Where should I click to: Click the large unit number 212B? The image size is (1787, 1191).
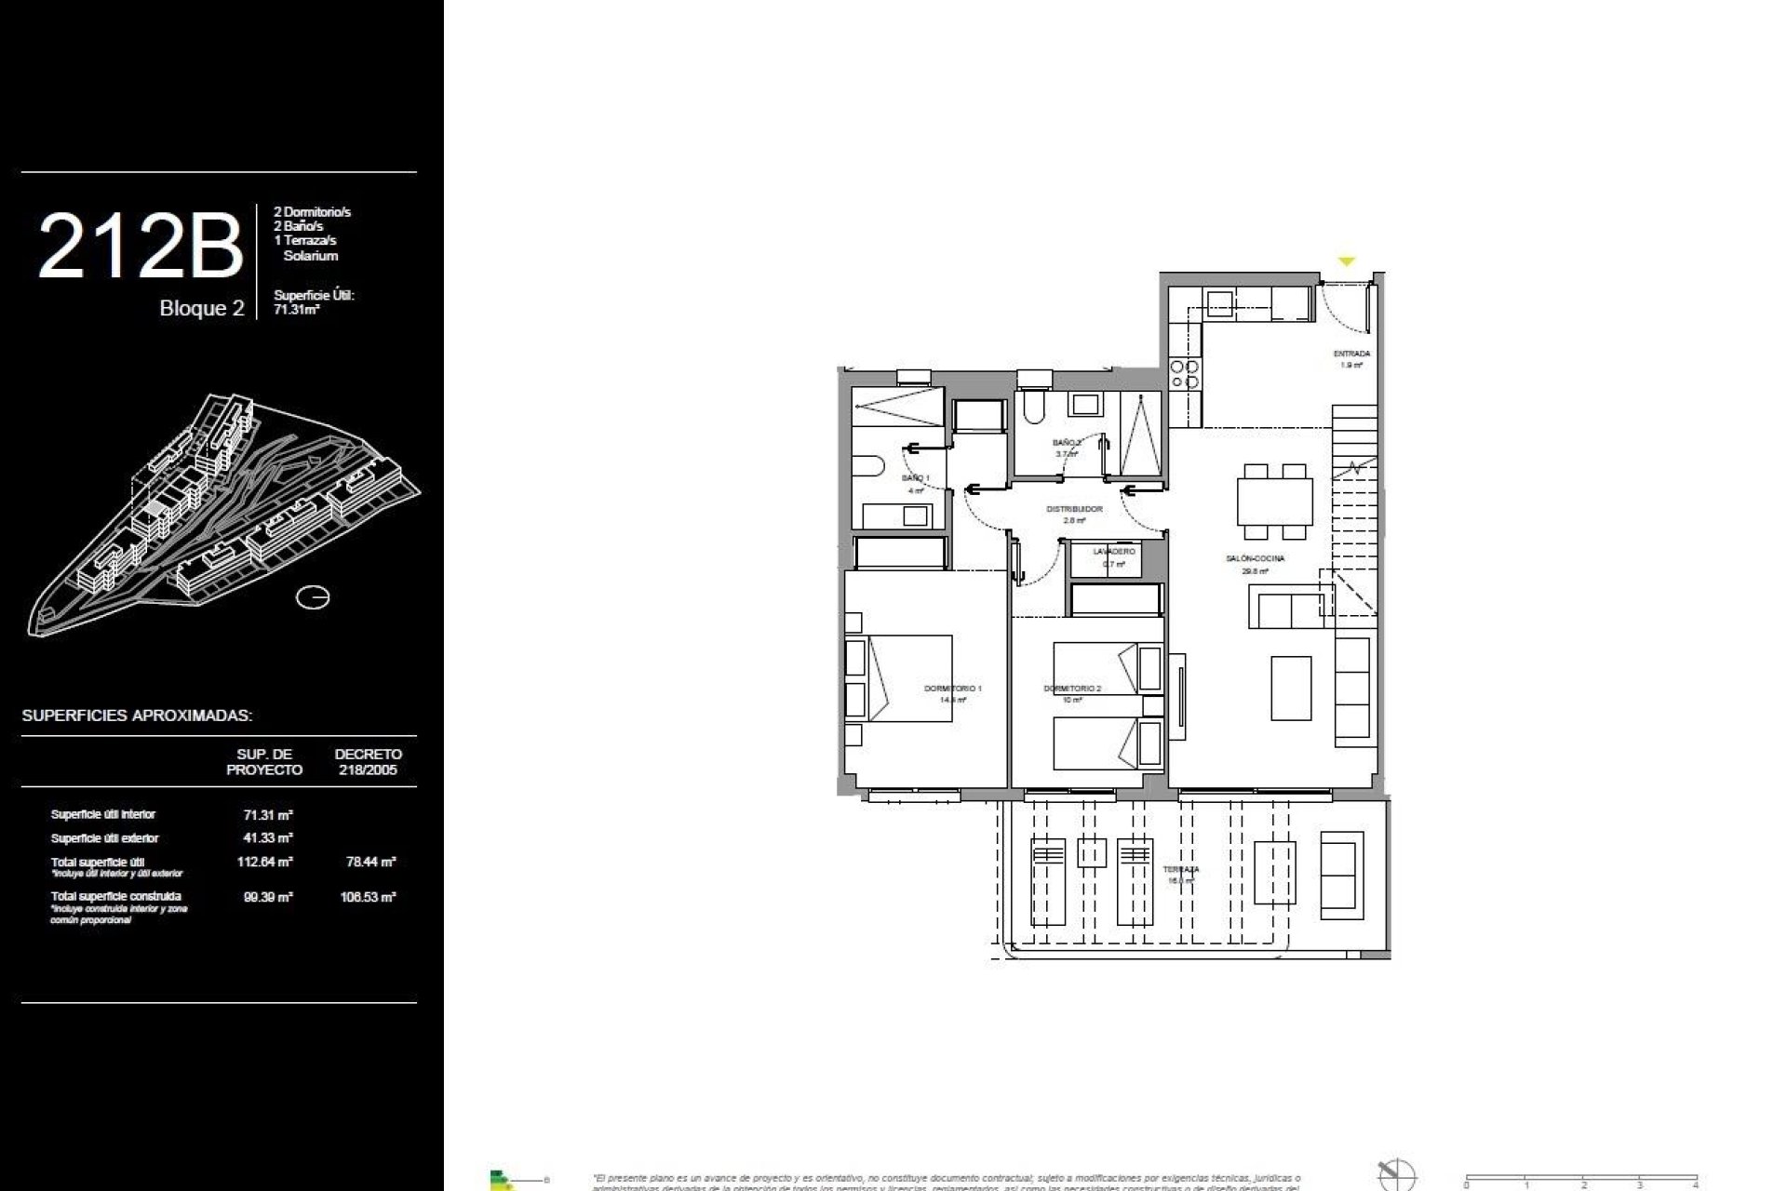[141, 247]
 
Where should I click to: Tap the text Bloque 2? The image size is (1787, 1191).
[202, 309]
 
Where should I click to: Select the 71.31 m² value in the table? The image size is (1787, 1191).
[268, 814]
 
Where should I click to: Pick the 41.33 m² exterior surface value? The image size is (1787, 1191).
[268, 837]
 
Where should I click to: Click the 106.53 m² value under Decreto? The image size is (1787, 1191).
[369, 897]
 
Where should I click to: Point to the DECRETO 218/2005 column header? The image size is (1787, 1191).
[369, 761]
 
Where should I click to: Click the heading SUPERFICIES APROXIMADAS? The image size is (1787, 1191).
[138, 716]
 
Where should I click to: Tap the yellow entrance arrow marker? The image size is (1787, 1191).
[1346, 262]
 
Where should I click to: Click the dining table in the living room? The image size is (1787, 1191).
[1274, 502]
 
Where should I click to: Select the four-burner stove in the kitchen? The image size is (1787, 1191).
[1185, 373]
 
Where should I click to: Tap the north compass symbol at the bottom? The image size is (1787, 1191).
[1397, 1175]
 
